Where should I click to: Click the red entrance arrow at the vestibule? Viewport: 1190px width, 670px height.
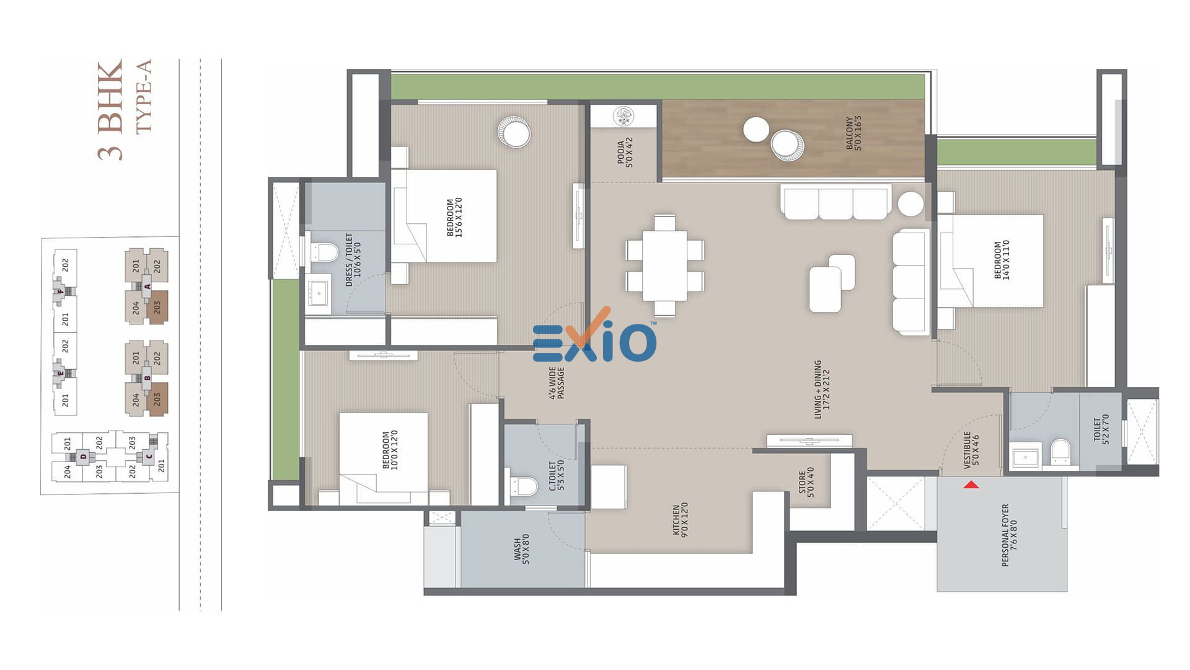(x=971, y=484)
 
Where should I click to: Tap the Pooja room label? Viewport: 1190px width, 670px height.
(x=625, y=153)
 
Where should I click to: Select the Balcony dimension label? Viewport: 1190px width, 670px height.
(x=853, y=133)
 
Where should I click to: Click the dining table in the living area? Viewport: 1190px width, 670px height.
(x=664, y=266)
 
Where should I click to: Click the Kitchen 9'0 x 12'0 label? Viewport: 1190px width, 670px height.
(x=680, y=519)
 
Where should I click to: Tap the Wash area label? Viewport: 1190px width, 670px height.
(x=521, y=549)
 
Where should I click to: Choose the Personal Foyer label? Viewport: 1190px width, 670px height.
(x=1009, y=535)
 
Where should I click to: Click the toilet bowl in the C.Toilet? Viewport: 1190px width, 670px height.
(x=524, y=486)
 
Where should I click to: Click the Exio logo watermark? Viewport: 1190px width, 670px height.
(x=594, y=336)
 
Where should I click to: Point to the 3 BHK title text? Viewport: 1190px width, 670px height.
(x=110, y=110)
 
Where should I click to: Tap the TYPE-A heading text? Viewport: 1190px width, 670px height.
(x=143, y=96)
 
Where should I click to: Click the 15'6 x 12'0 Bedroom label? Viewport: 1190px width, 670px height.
(x=454, y=217)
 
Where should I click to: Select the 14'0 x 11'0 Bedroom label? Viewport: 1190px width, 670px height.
(x=1002, y=260)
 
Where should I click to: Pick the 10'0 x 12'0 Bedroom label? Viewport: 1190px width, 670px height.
(x=390, y=450)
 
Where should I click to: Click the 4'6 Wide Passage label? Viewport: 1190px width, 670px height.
(x=556, y=383)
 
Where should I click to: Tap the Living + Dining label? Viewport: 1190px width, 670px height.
(x=822, y=390)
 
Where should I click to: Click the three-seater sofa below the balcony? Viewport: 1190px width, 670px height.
(x=836, y=202)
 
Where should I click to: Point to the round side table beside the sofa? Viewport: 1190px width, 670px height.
(x=910, y=204)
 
